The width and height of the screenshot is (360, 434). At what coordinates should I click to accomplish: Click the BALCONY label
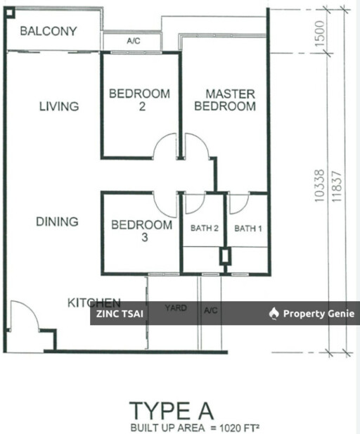[49, 31]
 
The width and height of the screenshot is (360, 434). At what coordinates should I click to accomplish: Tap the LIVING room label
[59, 106]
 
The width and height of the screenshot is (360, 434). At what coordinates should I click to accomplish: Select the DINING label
[57, 222]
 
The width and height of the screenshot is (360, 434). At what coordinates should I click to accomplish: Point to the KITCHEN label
[94, 302]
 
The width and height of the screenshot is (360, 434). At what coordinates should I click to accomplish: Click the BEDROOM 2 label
[139, 100]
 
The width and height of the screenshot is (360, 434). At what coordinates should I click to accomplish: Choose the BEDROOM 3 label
[141, 231]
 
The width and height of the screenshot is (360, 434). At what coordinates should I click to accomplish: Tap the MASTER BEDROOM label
[225, 100]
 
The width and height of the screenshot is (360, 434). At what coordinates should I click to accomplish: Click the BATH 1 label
[248, 229]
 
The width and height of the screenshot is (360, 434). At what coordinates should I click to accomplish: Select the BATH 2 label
[205, 228]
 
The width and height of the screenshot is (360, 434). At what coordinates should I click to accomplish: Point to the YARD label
[176, 308]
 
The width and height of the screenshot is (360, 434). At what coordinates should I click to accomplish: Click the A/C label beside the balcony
[134, 41]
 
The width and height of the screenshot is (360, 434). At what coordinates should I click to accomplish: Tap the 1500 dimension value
[319, 31]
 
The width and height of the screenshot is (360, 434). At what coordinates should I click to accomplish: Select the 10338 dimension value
[319, 186]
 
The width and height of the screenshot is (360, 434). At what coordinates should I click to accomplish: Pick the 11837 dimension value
[337, 187]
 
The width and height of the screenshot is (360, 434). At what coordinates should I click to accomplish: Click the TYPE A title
[172, 411]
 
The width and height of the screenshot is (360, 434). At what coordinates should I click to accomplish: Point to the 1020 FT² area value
[239, 427]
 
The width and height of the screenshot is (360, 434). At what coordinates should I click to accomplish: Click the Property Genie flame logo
[274, 314]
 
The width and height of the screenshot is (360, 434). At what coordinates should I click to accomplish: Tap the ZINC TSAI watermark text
[120, 314]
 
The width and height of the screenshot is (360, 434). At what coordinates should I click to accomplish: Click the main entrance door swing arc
[30, 309]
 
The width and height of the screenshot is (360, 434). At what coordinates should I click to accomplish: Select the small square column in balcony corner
[10, 13]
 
